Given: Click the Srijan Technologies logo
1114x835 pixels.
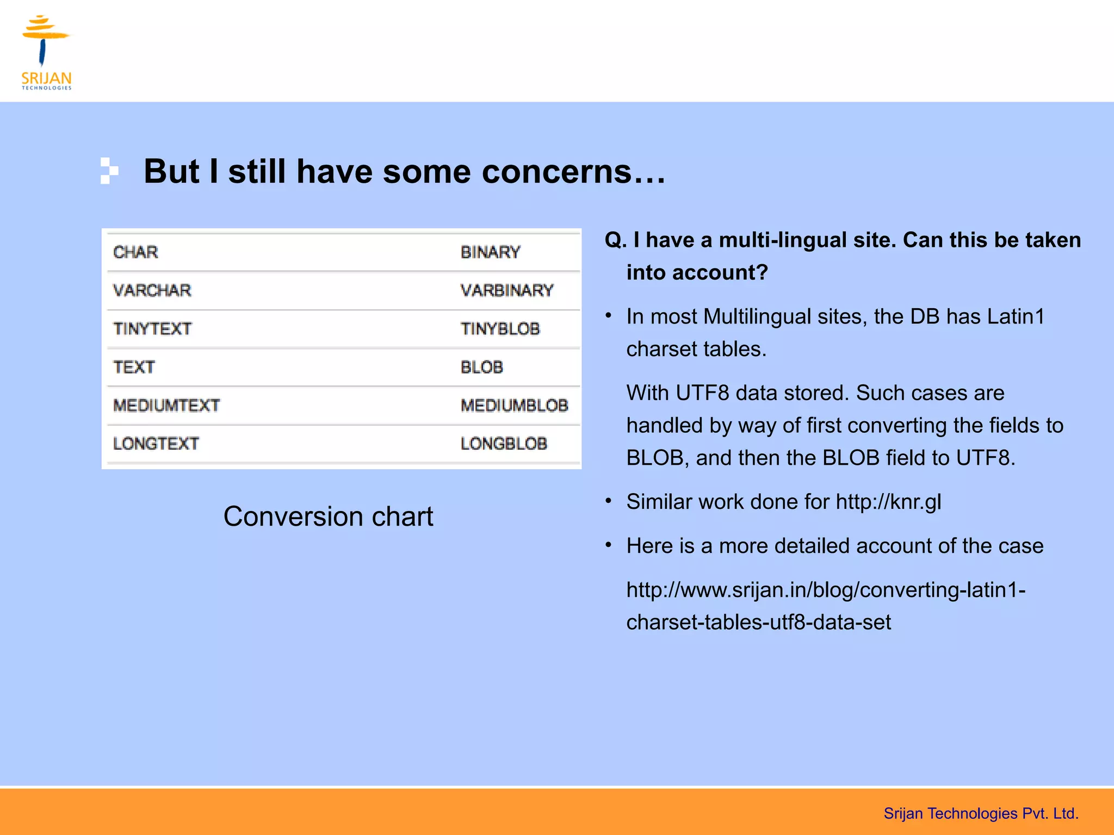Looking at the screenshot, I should [x=46, y=52].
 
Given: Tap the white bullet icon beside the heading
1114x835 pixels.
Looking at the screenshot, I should [x=109, y=171].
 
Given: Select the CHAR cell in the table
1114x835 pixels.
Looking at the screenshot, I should [x=135, y=252].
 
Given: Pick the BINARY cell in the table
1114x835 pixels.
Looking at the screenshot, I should [x=490, y=252].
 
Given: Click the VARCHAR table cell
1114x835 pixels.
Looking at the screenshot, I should [x=152, y=290].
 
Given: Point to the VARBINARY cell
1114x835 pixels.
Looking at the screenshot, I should [x=506, y=290].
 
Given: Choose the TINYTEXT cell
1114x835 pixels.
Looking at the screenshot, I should [x=152, y=329].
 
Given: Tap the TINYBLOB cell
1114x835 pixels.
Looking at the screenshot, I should [x=500, y=329].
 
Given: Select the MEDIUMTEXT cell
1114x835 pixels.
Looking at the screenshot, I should [x=166, y=406].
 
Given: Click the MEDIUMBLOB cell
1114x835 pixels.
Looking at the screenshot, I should [x=514, y=406].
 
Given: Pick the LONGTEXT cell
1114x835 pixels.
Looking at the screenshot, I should [x=156, y=444].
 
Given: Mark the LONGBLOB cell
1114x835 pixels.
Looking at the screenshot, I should [x=503, y=444].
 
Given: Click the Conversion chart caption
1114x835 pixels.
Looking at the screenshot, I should [x=328, y=516].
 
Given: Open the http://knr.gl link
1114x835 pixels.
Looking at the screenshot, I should [x=888, y=502].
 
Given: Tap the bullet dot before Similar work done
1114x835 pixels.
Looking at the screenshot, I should [x=609, y=501].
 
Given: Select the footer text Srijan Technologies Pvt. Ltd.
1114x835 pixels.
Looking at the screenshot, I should [x=981, y=813].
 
